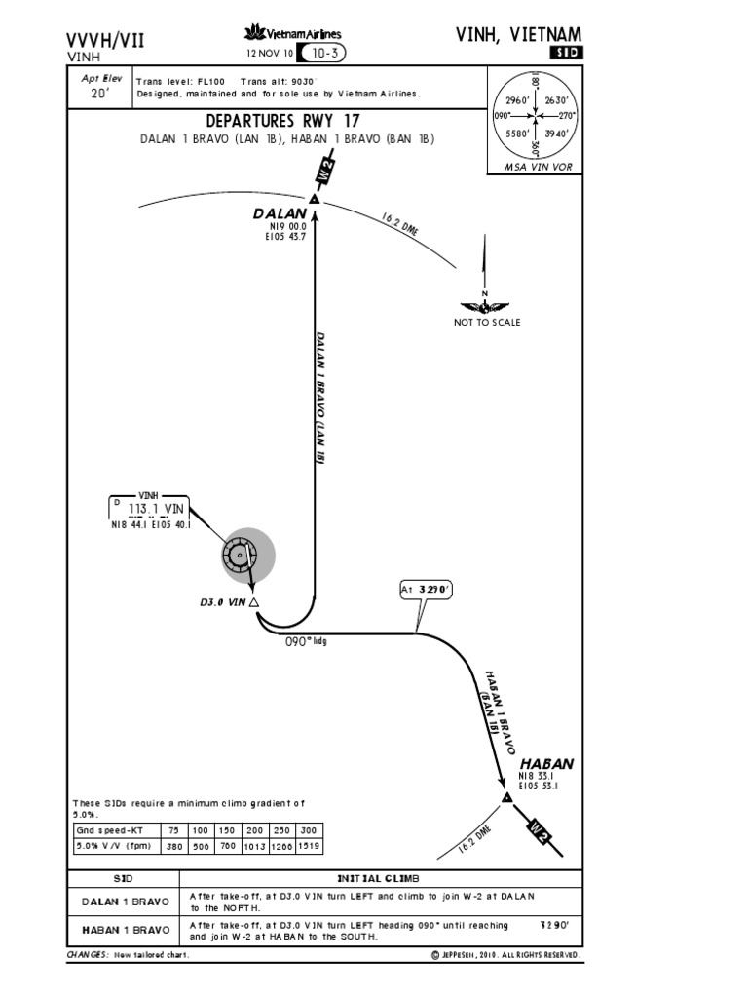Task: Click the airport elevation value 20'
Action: pyautogui.click(x=97, y=93)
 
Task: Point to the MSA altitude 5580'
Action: pyautogui.click(x=515, y=133)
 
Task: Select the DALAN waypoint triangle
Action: pyautogui.click(x=315, y=199)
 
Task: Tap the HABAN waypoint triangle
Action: pyautogui.click(x=506, y=798)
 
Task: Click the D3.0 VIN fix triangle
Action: pyautogui.click(x=254, y=603)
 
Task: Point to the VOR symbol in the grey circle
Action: pyautogui.click(x=239, y=556)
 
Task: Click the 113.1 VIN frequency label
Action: pyautogui.click(x=156, y=509)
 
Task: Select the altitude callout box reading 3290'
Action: pyautogui.click(x=426, y=590)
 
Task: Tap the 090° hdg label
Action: pyautogui.click(x=303, y=642)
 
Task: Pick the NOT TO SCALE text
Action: pyautogui.click(x=487, y=323)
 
